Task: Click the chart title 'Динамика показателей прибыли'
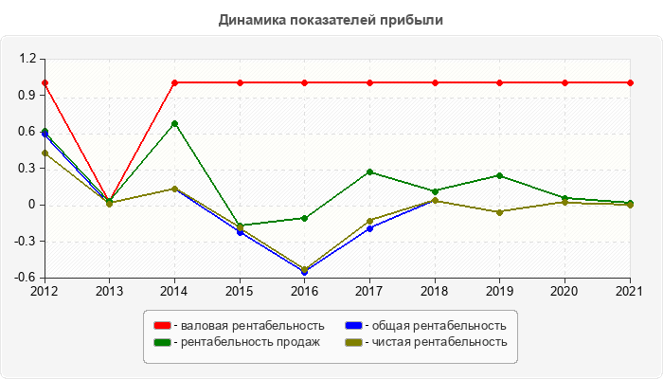[x=331, y=19]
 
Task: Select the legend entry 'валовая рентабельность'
[x=252, y=326]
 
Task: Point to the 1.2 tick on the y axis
[x=27, y=59]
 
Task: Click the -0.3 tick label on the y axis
[x=25, y=242]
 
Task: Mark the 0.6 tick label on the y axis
[x=27, y=132]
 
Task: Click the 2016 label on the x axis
[x=305, y=290]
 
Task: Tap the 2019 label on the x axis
[x=500, y=290]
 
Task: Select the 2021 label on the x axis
[x=630, y=290]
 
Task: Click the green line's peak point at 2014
[x=174, y=123]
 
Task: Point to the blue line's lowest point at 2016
[x=305, y=272]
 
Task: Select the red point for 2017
[x=370, y=82]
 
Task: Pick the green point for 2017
[x=370, y=171]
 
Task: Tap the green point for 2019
[x=500, y=175]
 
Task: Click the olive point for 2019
[x=500, y=212]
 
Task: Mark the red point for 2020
[x=565, y=82]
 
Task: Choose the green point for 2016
[x=305, y=218]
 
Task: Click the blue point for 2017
[x=370, y=228]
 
